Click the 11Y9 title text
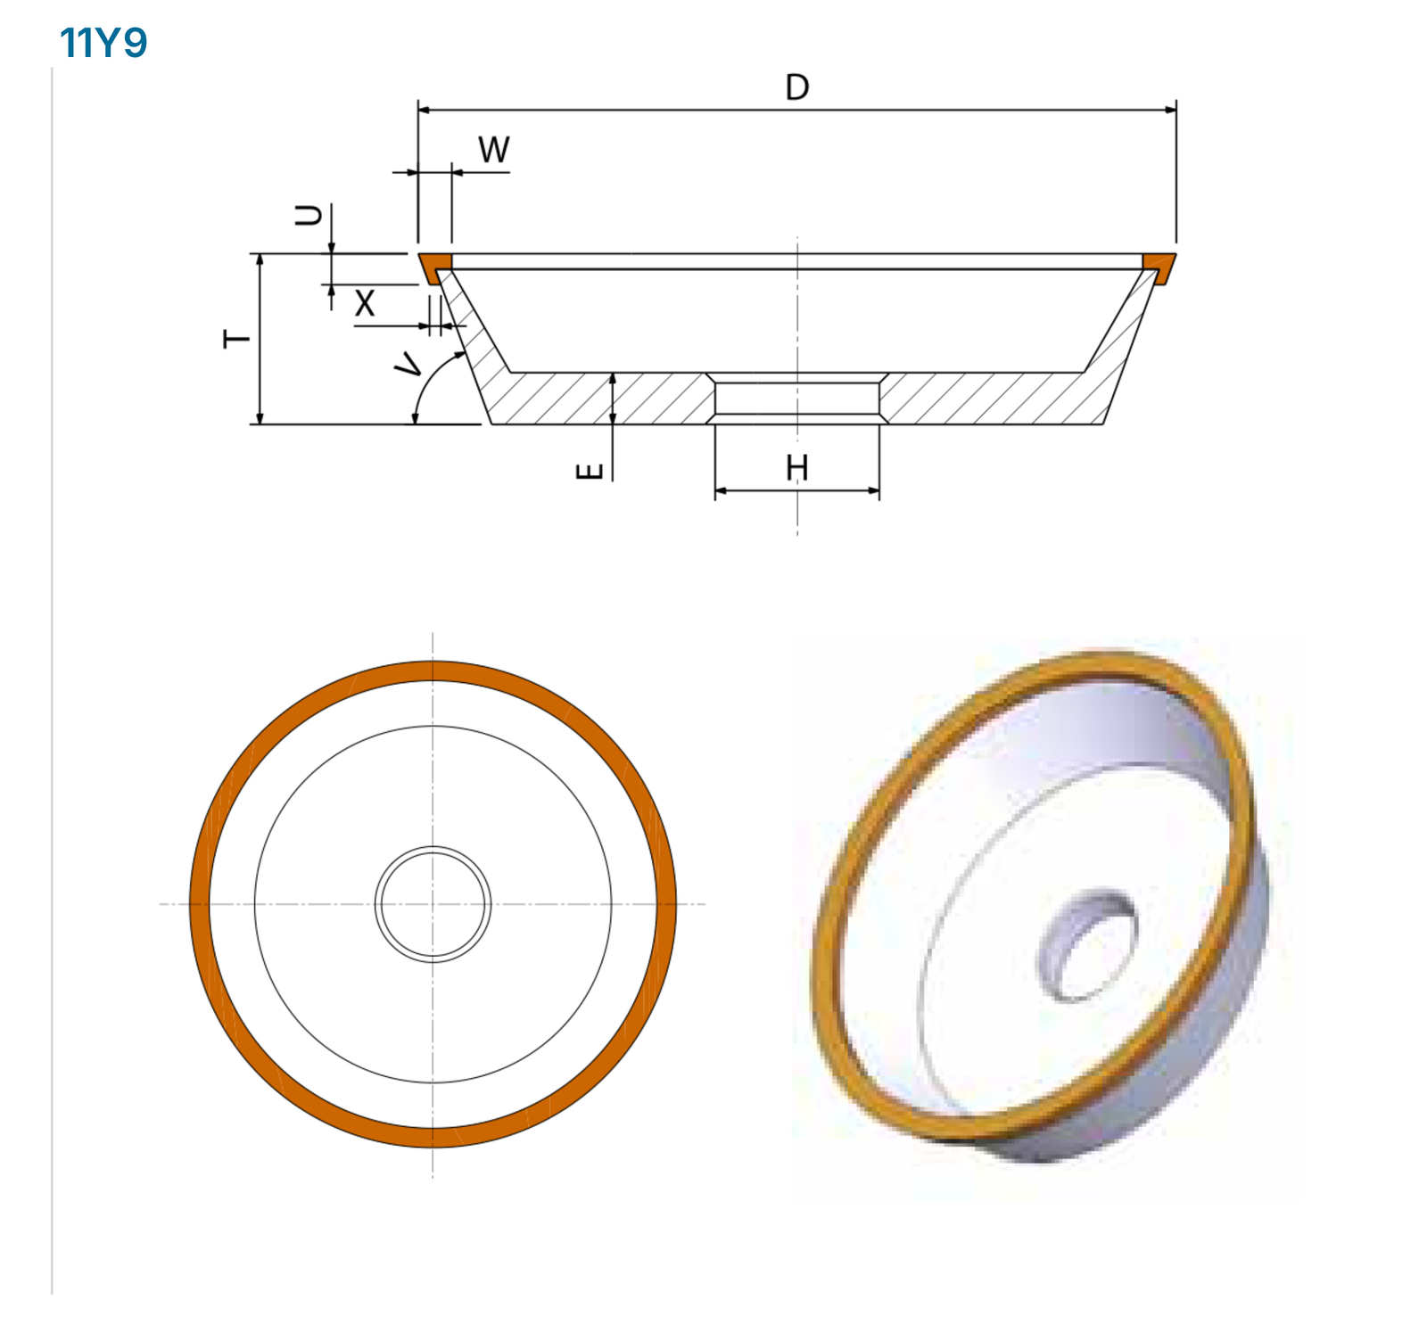(x=103, y=42)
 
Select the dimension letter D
(x=797, y=87)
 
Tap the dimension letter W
(x=494, y=150)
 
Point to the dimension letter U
(x=309, y=215)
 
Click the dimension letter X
(x=365, y=304)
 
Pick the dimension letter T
(x=237, y=339)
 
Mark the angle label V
(x=409, y=364)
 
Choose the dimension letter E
(x=590, y=472)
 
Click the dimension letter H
(x=797, y=467)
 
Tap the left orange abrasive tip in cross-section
(x=435, y=265)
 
